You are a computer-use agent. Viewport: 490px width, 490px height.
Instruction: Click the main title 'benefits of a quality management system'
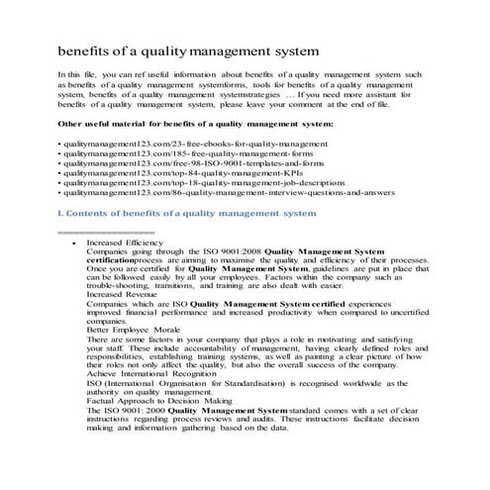(x=200, y=50)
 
